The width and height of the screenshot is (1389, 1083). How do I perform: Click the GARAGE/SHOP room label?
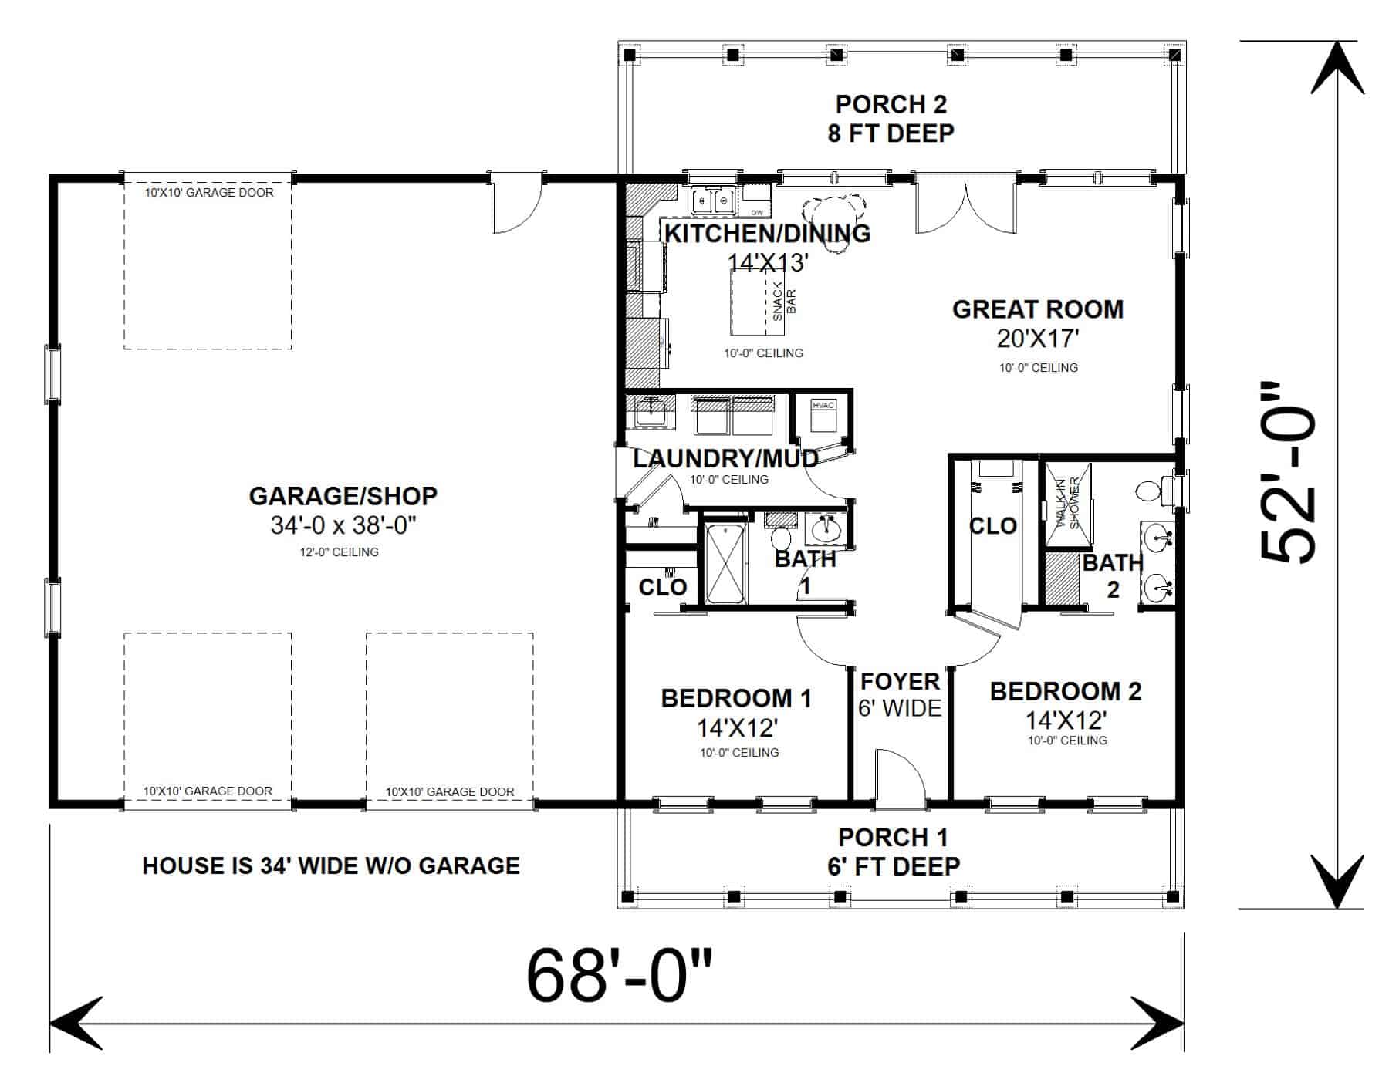pyautogui.click(x=343, y=496)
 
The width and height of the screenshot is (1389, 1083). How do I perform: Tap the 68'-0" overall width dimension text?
pyautogui.click(x=619, y=975)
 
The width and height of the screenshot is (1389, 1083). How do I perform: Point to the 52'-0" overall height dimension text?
pyautogui.click(x=1288, y=472)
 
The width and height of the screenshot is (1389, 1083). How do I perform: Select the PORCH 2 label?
pyautogui.click(x=891, y=104)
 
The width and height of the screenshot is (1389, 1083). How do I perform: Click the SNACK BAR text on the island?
pyautogui.click(x=784, y=301)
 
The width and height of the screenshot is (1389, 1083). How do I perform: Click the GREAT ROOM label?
pyautogui.click(x=1037, y=309)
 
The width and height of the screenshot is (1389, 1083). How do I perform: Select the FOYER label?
pyautogui.click(x=900, y=682)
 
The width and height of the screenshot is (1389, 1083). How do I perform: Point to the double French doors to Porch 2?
pyautogui.click(x=965, y=204)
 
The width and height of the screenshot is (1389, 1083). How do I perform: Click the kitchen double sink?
pyautogui.click(x=713, y=202)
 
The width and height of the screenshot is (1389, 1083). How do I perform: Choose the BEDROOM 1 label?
pyautogui.click(x=736, y=699)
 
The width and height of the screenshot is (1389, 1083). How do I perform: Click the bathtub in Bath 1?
pyautogui.click(x=725, y=564)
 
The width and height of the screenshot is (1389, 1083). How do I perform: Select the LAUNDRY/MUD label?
pyautogui.click(x=725, y=459)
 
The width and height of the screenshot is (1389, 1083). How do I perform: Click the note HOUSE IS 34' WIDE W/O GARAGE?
pyautogui.click(x=331, y=865)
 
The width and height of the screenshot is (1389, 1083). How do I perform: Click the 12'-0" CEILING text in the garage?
pyautogui.click(x=340, y=552)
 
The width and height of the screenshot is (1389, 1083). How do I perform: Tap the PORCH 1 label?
pyautogui.click(x=893, y=837)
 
